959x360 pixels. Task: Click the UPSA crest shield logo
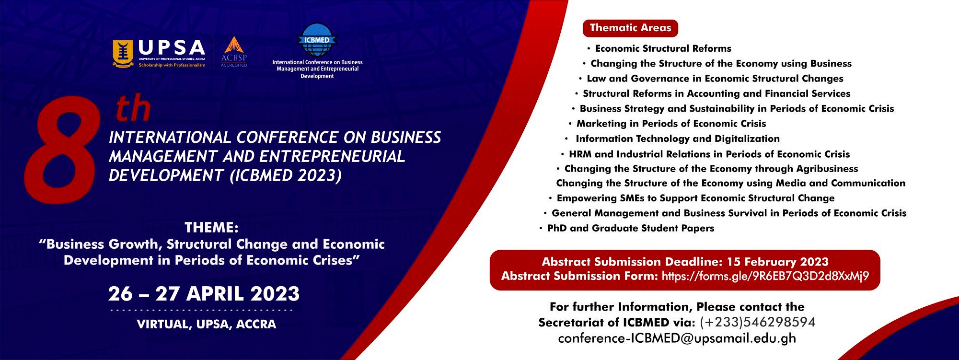(123, 54)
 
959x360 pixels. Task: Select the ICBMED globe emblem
(317, 40)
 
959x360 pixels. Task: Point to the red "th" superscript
(133, 108)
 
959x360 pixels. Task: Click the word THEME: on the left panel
(211, 227)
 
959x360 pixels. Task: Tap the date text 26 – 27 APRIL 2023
(204, 294)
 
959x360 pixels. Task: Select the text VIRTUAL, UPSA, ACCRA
(207, 324)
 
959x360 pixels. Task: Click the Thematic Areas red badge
(630, 28)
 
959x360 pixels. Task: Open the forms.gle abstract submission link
(765, 276)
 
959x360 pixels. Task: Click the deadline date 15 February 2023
(778, 262)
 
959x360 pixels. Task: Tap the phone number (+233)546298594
(758, 322)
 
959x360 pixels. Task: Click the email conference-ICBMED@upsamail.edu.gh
(677, 338)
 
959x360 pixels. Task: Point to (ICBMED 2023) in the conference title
(286, 175)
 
